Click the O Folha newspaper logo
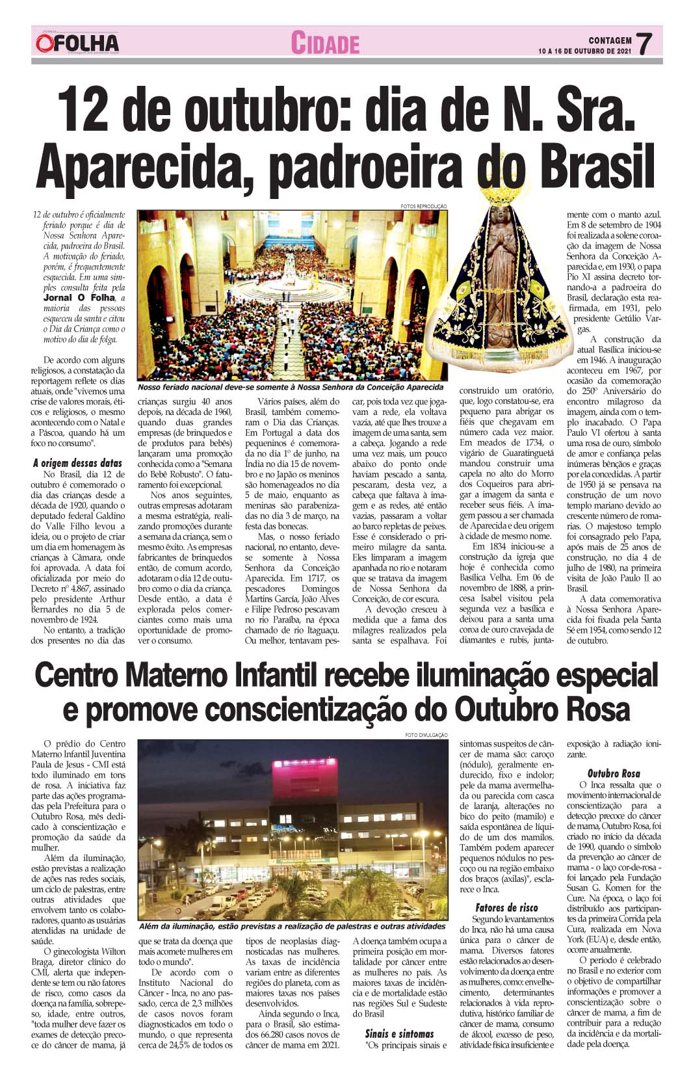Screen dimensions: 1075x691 click(x=77, y=43)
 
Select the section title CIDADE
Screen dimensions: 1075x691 click(x=324, y=44)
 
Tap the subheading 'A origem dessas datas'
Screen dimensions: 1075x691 click(x=77, y=464)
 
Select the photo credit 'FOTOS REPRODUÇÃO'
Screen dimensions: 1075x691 click(x=424, y=206)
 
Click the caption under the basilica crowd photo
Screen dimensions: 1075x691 click(x=290, y=387)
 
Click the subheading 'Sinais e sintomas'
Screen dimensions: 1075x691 click(x=399, y=1033)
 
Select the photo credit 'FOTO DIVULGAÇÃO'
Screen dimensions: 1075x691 click(x=426, y=735)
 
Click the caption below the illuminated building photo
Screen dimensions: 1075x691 click(x=293, y=926)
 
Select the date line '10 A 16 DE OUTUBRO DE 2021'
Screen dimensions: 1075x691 click(x=585, y=51)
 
